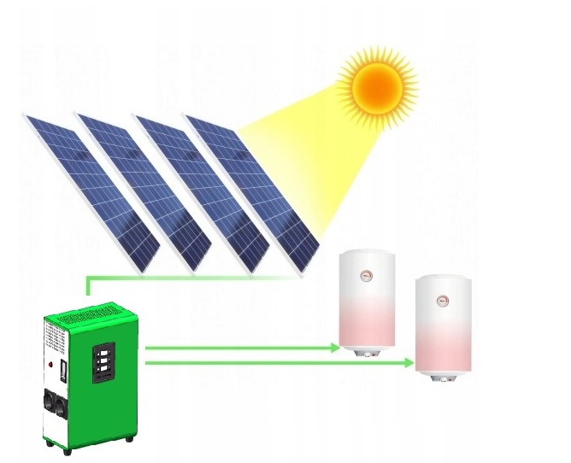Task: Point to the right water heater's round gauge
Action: (x=443, y=300)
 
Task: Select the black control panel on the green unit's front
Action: (x=103, y=362)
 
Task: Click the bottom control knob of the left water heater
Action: (x=368, y=350)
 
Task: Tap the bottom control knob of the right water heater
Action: (x=443, y=376)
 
